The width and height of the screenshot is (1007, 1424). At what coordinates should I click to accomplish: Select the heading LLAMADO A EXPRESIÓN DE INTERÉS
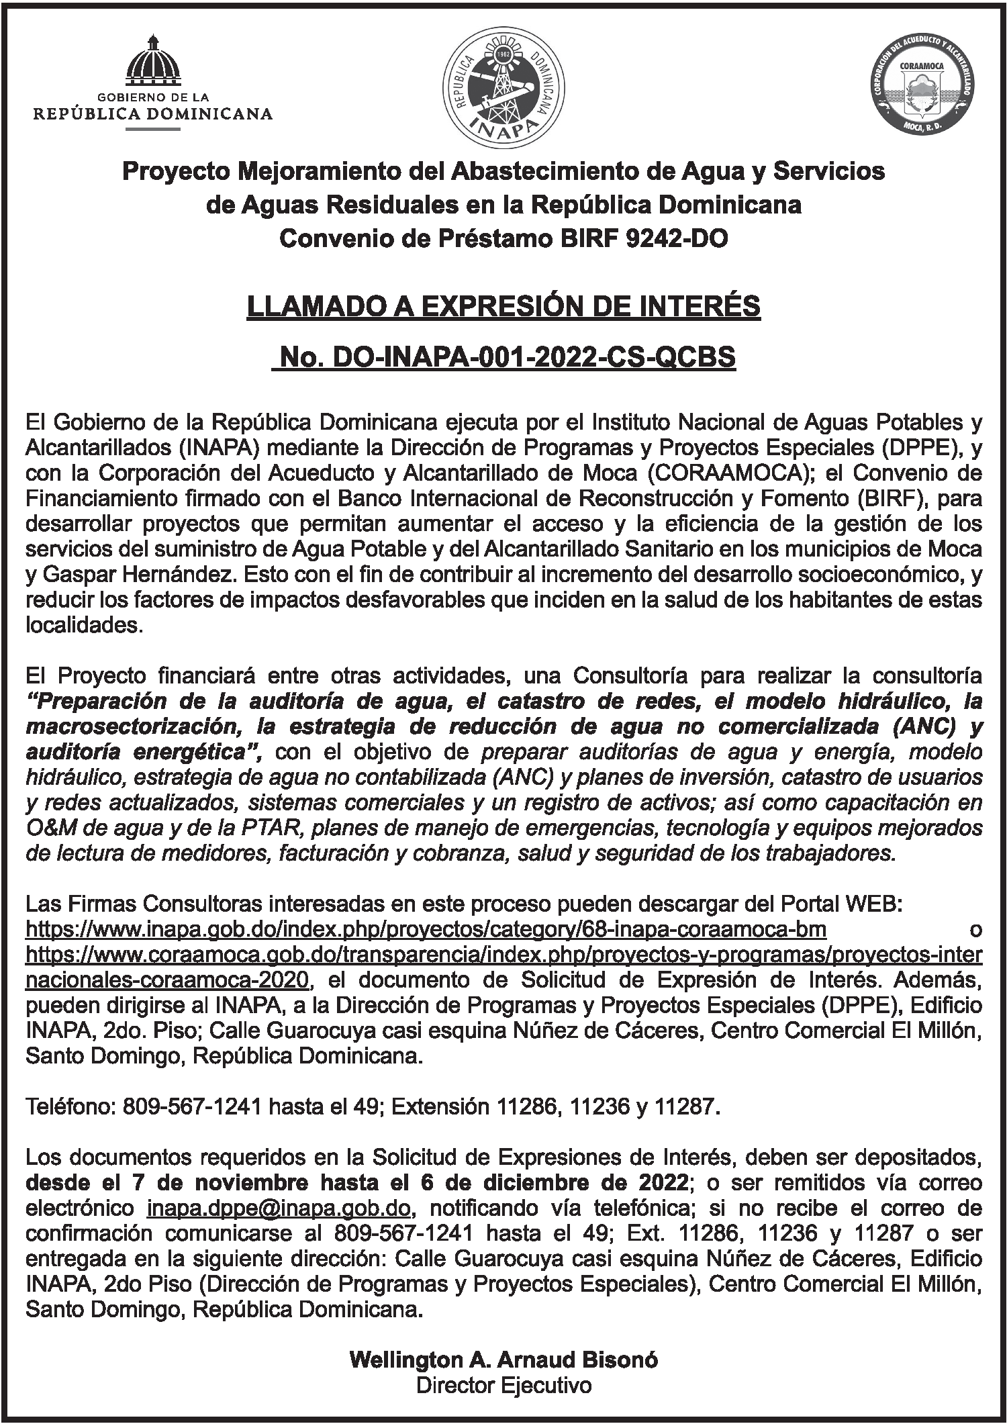[x=503, y=307]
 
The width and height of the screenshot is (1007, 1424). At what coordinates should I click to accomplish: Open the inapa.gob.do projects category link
[x=426, y=929]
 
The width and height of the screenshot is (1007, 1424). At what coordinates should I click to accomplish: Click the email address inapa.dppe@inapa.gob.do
[x=278, y=1208]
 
